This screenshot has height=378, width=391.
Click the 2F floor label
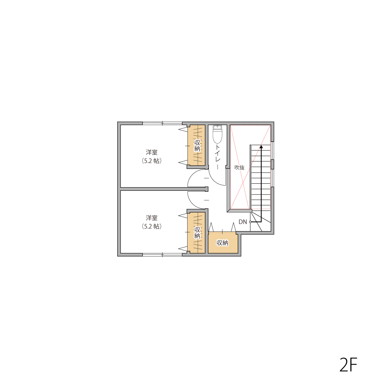click(348, 365)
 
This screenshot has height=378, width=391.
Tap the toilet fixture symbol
click(217, 134)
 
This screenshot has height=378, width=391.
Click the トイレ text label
click(218, 157)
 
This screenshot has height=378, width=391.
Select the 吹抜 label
click(239, 168)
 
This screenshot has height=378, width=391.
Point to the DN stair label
click(243, 222)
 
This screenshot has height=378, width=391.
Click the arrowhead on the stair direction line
click(261, 147)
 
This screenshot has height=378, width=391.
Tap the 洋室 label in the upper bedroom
click(152, 152)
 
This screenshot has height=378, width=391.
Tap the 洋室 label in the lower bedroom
click(152, 218)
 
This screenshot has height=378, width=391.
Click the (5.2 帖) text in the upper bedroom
click(152, 161)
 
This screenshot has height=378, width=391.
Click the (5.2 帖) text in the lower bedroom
click(152, 226)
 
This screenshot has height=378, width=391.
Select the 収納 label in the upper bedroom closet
click(197, 146)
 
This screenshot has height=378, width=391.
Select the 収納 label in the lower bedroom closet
click(197, 233)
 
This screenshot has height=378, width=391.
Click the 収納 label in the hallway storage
click(222, 243)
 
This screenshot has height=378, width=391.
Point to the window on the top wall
click(162, 123)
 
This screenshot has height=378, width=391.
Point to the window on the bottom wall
click(162, 255)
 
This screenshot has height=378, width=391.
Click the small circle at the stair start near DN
click(251, 222)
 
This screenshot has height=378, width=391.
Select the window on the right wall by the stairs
click(272, 164)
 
